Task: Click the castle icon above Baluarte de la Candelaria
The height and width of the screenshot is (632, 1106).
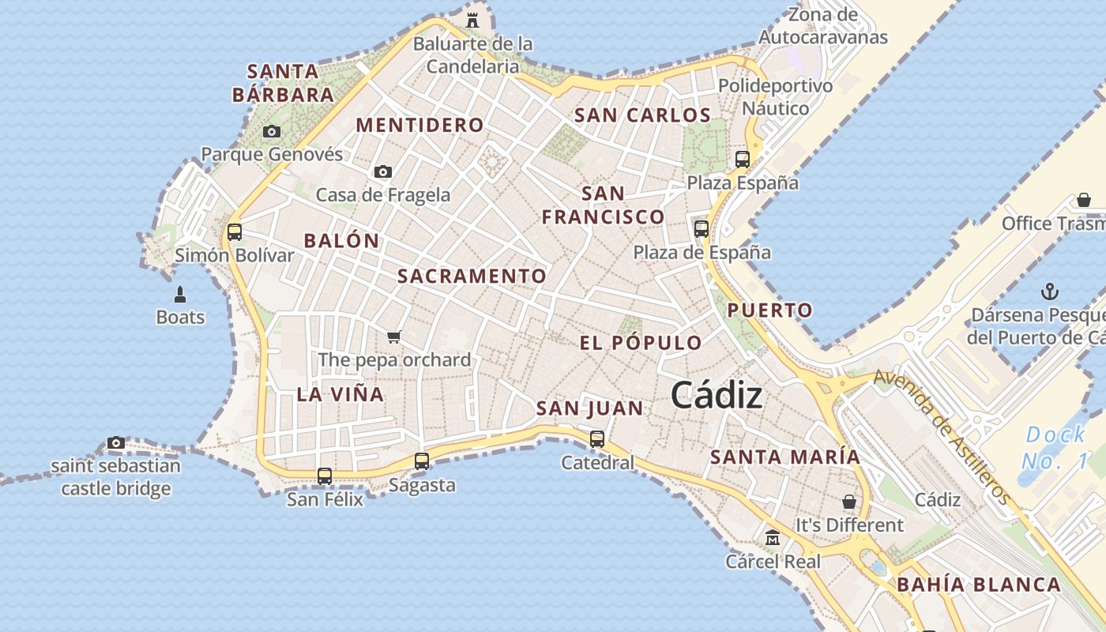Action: point(472,20)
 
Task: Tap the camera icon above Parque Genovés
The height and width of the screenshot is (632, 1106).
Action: point(272,131)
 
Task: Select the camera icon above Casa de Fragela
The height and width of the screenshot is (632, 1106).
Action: point(383,171)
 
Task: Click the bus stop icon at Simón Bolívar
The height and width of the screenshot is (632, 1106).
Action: point(235,232)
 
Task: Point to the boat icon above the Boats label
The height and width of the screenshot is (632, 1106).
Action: point(180,295)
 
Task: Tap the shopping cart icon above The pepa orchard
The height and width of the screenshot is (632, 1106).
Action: point(394,337)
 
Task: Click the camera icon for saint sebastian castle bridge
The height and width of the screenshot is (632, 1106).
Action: point(116,442)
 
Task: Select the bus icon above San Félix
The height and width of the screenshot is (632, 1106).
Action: point(325,476)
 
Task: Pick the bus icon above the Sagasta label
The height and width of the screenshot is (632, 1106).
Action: point(422,461)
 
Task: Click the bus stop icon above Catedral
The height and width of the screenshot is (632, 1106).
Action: point(597,438)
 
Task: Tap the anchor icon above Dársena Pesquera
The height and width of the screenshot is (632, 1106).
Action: point(1049,292)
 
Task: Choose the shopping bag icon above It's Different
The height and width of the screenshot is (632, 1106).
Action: point(848,502)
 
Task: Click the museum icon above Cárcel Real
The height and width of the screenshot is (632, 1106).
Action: point(773,538)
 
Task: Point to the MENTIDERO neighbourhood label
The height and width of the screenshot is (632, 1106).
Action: point(419,125)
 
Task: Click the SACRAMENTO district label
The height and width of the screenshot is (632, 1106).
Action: point(472,276)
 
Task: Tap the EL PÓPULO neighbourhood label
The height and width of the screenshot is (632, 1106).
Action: point(641,343)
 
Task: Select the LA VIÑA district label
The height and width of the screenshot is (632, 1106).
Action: point(340,394)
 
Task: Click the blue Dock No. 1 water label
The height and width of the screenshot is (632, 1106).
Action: point(1055,447)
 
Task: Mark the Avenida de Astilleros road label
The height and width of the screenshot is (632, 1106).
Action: point(941,437)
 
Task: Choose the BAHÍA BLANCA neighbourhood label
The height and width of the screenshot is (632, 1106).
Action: point(979,585)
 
